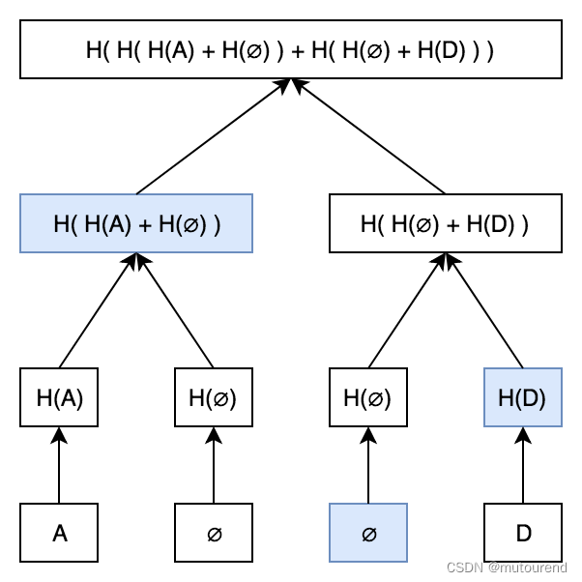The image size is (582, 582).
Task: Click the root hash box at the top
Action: (x=290, y=49)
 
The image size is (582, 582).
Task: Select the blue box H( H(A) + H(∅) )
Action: (x=136, y=223)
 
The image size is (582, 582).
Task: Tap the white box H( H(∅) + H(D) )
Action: (x=445, y=223)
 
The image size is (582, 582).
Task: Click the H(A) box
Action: (x=59, y=397)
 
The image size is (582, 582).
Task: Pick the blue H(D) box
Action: (x=522, y=397)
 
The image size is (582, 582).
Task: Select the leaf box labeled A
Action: (x=59, y=533)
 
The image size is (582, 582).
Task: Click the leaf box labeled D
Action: (x=522, y=533)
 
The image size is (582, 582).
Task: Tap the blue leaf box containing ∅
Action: (x=368, y=533)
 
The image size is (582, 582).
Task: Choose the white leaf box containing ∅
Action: (x=214, y=533)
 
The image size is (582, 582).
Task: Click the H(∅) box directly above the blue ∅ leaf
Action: (x=368, y=397)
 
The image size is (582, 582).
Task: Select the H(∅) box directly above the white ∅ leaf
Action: (x=214, y=397)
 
